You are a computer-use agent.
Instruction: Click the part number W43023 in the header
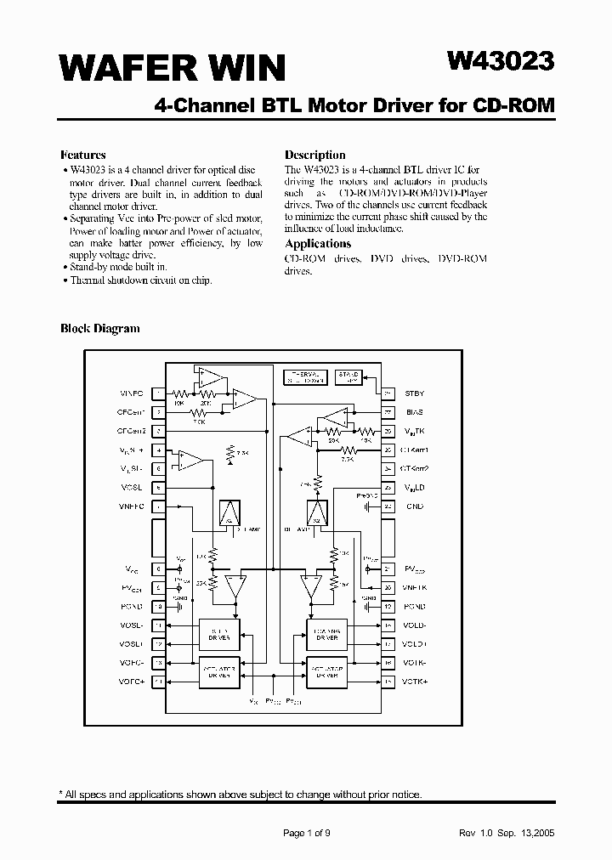point(501,62)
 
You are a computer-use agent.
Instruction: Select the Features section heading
point(82,155)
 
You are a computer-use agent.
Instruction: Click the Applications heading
point(318,244)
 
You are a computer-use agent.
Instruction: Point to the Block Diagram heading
point(99,328)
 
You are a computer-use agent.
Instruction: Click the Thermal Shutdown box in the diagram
point(303,377)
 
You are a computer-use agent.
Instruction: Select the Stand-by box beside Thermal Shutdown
point(349,377)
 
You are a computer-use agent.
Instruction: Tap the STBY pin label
point(414,393)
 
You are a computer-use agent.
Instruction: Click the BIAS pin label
point(414,412)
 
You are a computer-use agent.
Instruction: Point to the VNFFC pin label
point(132,506)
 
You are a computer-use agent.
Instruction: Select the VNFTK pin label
point(415,587)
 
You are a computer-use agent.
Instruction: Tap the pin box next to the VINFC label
point(159,393)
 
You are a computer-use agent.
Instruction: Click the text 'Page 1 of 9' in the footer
point(306,833)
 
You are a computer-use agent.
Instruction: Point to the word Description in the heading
point(314,155)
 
